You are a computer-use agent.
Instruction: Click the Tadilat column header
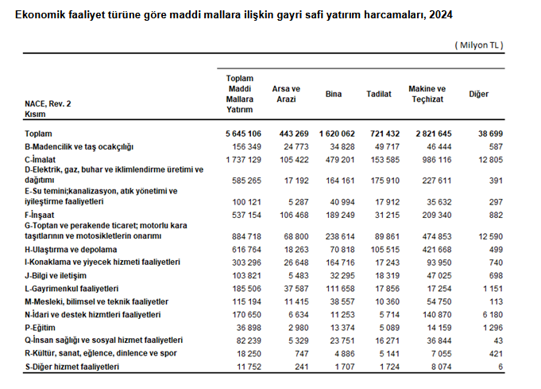point(378,94)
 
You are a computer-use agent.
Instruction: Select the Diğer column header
point(478,94)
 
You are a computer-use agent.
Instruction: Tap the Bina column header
point(334,94)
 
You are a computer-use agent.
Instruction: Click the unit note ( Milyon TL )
point(479,45)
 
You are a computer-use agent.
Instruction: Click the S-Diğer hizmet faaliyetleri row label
point(72,366)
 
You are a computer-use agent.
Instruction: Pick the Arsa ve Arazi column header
point(286,94)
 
